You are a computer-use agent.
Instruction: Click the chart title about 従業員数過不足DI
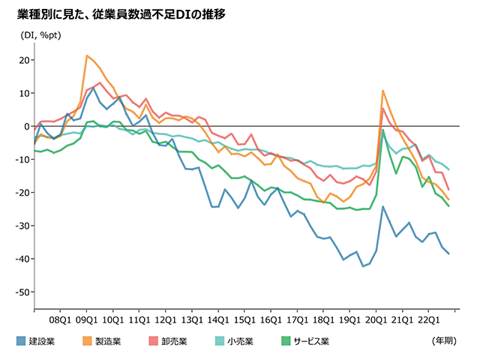coord(121,14)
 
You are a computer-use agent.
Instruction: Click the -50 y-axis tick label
coord(21,292)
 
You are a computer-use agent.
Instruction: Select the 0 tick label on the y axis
coord(26,126)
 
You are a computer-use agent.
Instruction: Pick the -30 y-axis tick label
coord(21,226)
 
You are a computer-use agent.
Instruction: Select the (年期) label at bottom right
coord(442,341)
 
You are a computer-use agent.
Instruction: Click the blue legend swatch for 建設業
coord(21,341)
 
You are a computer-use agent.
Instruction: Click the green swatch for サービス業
coord(286,341)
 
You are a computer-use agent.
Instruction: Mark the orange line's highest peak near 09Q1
coord(87,55)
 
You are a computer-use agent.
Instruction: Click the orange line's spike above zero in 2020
coord(383,91)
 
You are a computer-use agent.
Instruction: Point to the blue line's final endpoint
coord(448,253)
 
